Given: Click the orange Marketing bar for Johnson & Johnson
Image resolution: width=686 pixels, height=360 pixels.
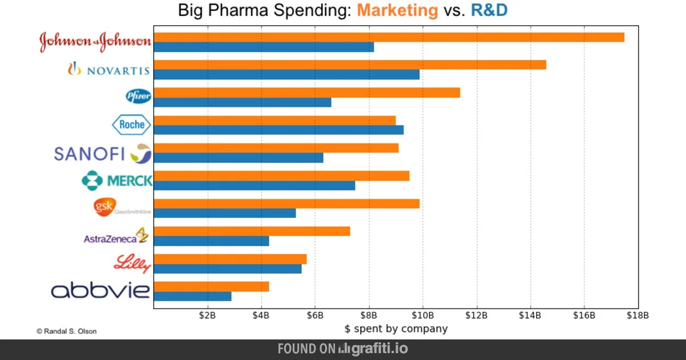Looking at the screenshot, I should [389, 37].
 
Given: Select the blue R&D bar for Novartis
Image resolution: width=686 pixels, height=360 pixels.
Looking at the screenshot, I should [286, 74].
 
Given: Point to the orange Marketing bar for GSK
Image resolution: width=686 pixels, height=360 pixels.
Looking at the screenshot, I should [286, 203].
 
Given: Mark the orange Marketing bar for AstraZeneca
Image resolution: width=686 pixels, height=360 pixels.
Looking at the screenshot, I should [252, 231].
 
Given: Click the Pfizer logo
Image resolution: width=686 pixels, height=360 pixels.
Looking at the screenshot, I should [138, 97].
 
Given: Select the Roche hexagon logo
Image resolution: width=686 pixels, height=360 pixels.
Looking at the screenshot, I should [131, 125].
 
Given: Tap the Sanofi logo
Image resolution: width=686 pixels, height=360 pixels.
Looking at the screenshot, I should [103, 153].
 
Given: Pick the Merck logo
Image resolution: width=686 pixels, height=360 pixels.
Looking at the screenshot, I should [117, 181].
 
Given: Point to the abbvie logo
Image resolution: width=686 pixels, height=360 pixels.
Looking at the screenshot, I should [101, 290].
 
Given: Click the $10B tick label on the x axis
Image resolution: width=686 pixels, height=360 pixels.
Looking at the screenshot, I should [422, 315].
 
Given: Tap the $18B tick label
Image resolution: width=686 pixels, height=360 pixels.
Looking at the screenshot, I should [637, 315].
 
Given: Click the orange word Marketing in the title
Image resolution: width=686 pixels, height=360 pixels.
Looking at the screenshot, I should [398, 10].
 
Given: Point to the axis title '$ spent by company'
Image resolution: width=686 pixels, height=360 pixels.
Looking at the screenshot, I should [396, 329].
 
